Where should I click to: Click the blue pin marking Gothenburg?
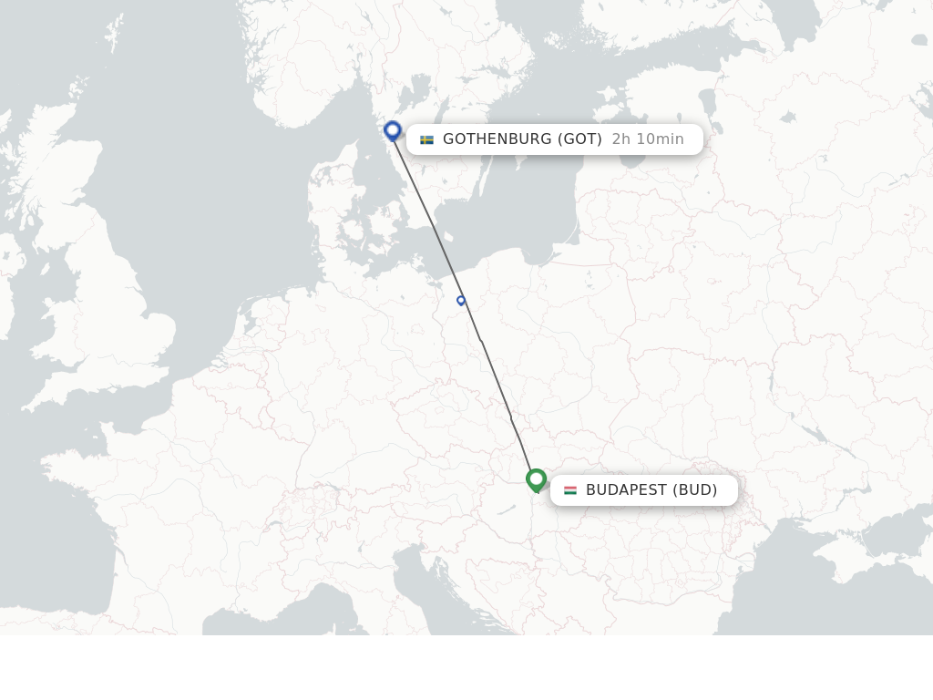(x=393, y=131)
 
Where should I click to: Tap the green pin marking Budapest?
(x=536, y=479)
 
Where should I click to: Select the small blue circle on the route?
(x=461, y=301)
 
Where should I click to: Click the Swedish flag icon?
(x=426, y=139)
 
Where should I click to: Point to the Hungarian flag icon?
(x=570, y=490)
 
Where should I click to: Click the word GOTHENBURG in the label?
(x=497, y=139)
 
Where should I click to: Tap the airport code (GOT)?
(x=580, y=139)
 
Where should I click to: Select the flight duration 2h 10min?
(x=648, y=139)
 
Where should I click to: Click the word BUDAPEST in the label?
(x=627, y=490)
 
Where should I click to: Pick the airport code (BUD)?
(x=695, y=490)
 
